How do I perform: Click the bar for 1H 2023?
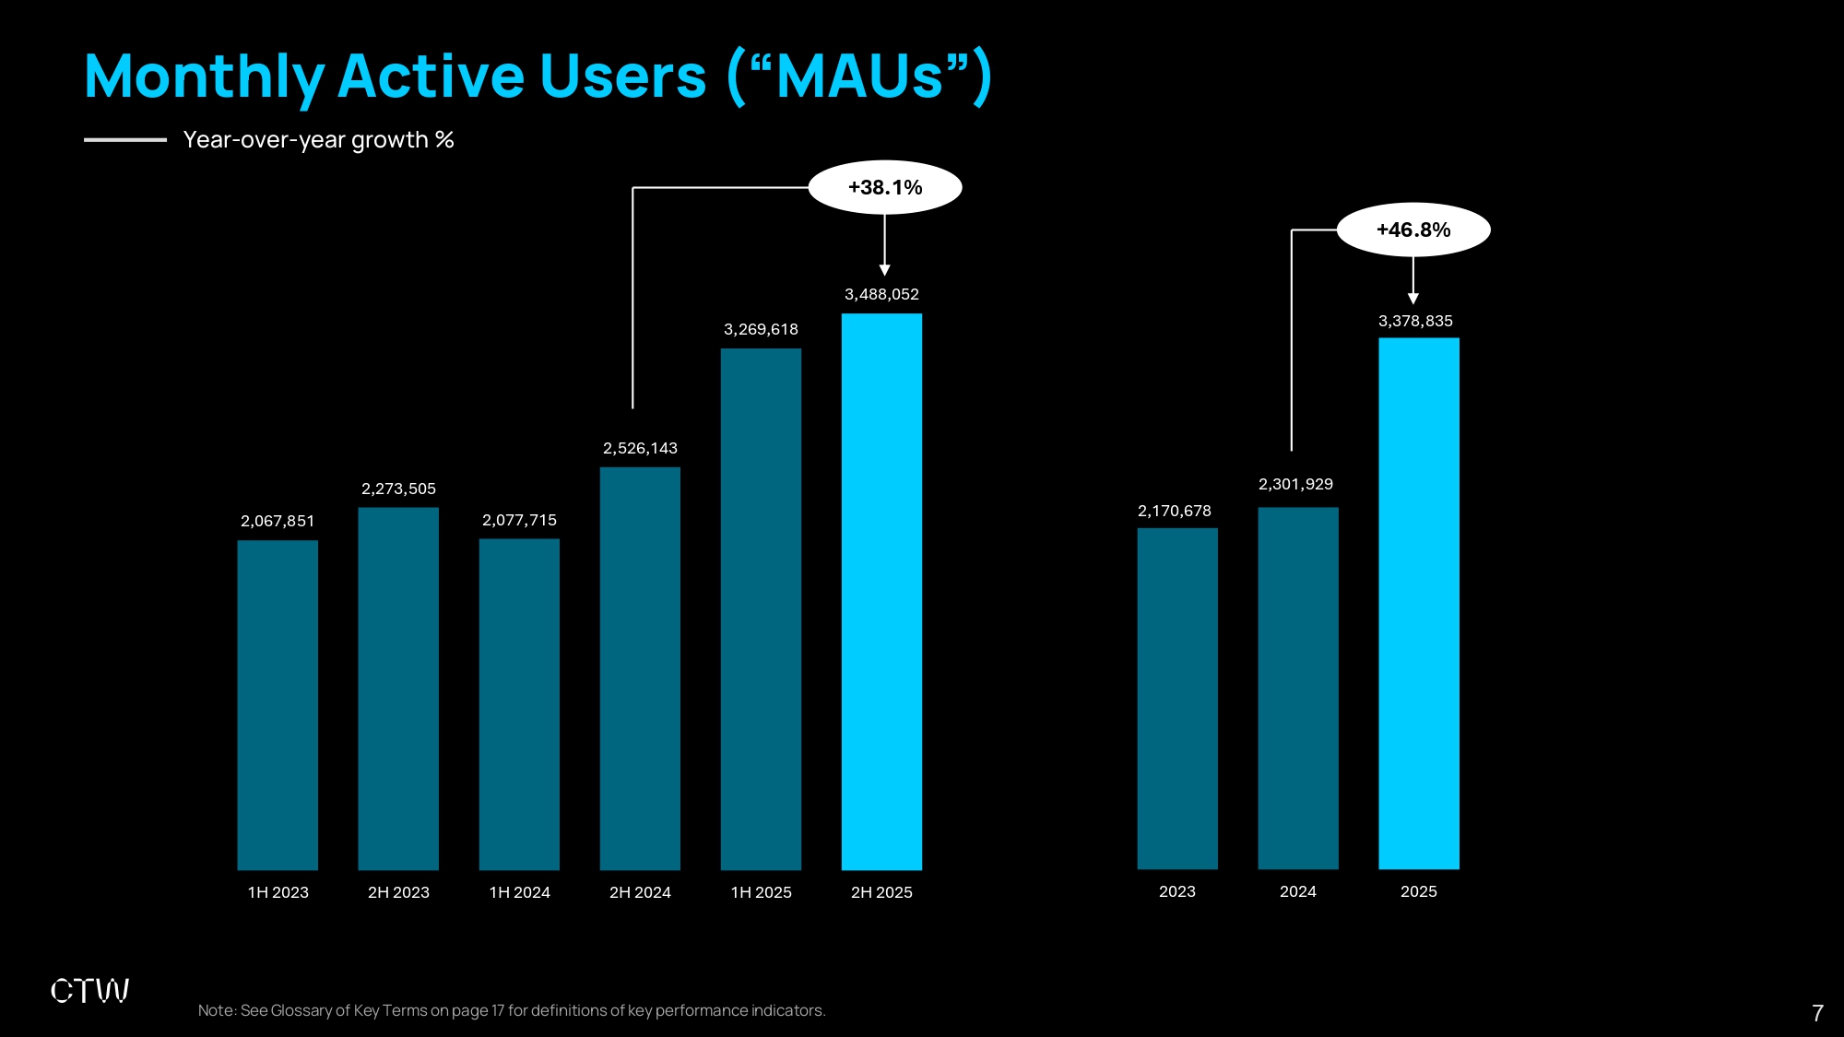[x=278, y=705]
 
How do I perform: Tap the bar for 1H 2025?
[x=761, y=609]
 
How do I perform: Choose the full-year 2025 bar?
[x=1419, y=604]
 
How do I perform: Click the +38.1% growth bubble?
[x=885, y=188]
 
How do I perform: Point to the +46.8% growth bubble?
[x=1413, y=230]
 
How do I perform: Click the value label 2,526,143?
[x=640, y=449]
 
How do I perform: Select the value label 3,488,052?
[x=881, y=295]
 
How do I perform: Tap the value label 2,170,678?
[x=1175, y=512]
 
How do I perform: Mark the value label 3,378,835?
[x=1415, y=322]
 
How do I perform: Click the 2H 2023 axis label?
[x=398, y=892]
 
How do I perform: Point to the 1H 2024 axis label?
[x=519, y=892]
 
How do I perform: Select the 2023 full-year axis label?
[x=1177, y=891]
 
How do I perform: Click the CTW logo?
[x=89, y=991]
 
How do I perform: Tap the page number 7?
[x=1817, y=1014]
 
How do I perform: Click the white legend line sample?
[x=125, y=140]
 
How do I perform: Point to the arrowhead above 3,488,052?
[x=885, y=270]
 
